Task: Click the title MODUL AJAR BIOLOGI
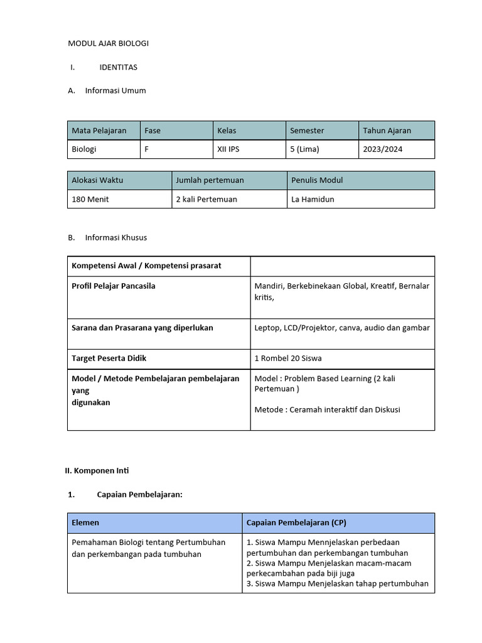tap(108, 43)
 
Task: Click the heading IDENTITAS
tap(118, 67)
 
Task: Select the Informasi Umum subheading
tap(115, 90)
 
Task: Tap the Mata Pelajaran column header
tap(99, 131)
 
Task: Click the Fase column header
tap(153, 131)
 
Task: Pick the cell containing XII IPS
tap(228, 149)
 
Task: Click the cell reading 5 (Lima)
tap(304, 149)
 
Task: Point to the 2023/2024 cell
tap(382, 149)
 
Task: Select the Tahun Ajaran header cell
tap(387, 131)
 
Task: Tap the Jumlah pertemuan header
tap(210, 180)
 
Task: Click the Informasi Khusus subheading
tap(115, 237)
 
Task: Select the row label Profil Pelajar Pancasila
tap(114, 286)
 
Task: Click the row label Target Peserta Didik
tap(109, 359)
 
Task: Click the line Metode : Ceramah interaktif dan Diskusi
tap(327, 409)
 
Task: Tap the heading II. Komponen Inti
tap(97, 470)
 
